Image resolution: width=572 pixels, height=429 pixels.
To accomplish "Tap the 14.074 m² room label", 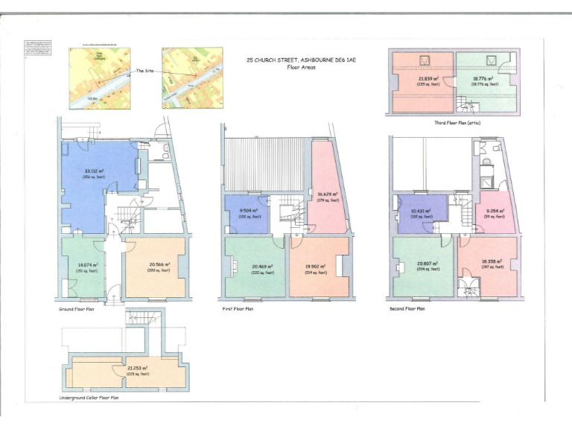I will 89,265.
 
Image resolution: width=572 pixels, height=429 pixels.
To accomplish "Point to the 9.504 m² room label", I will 245,211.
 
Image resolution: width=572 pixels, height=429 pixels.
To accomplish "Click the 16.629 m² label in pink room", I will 329,195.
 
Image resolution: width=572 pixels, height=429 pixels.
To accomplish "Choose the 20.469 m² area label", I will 261,267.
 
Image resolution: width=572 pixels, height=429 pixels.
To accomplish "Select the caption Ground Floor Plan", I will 75,308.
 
